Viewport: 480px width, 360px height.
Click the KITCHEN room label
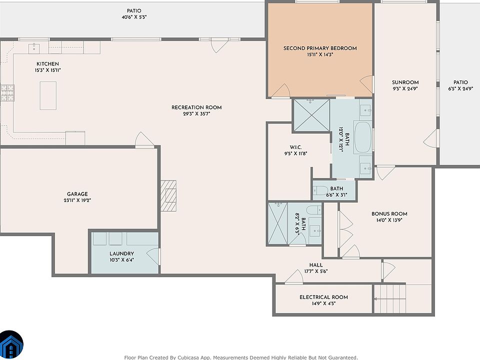click(x=48, y=64)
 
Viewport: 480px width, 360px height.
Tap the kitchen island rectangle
click(x=48, y=95)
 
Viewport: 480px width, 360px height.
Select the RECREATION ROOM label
click(x=196, y=107)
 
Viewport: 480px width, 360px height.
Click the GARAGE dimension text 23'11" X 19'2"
click(x=77, y=200)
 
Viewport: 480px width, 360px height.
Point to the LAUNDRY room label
click(x=122, y=253)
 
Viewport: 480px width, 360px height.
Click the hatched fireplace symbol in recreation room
click(x=168, y=196)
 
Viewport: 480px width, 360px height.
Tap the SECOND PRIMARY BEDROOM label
click(x=320, y=48)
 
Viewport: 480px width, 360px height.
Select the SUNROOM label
click(x=405, y=82)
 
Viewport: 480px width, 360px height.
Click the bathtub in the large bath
click(x=363, y=137)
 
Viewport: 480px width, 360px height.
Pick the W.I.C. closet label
click(x=295, y=147)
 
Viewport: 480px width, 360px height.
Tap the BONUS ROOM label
click(x=389, y=214)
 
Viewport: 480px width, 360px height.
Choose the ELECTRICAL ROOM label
click(x=323, y=297)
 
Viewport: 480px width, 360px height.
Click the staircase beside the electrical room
click(x=390, y=299)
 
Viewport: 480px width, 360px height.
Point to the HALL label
click(x=316, y=265)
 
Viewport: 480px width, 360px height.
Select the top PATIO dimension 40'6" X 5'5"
click(x=134, y=17)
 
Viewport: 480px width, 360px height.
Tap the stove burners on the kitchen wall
click(x=7, y=93)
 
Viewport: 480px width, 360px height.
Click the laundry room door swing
click(x=153, y=256)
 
